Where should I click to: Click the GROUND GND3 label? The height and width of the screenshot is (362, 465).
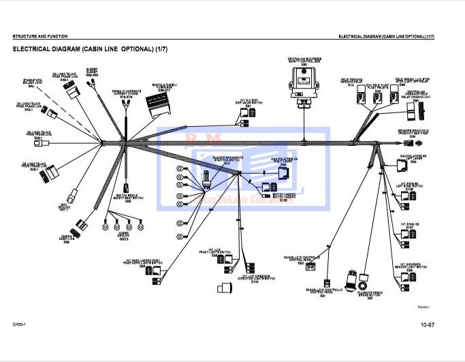(x=123, y=238)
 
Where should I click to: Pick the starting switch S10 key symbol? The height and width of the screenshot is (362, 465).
(x=205, y=180)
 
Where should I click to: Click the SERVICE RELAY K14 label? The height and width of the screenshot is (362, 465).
(x=351, y=82)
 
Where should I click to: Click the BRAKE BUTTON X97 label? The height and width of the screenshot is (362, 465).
(x=370, y=295)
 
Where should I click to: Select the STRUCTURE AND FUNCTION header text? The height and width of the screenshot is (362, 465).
(x=39, y=36)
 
